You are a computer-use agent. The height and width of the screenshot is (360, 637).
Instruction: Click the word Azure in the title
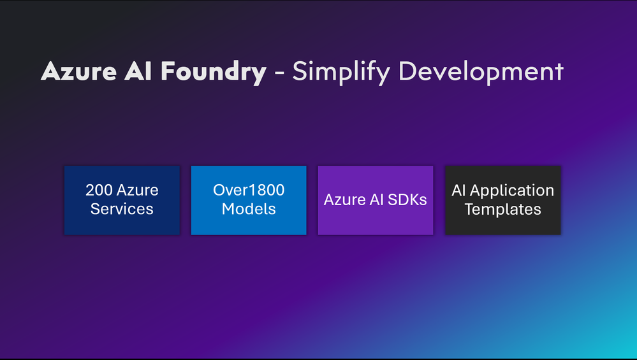pos(79,71)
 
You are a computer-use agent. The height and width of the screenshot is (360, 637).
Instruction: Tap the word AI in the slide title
pos(138,71)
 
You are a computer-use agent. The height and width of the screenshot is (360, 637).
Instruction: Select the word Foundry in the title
pos(213,73)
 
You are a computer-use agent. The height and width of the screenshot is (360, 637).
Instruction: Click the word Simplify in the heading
pos(342,72)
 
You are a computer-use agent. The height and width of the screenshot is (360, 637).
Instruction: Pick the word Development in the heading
pos(481,72)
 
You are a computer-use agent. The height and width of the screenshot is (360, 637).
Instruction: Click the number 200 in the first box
pos(98,190)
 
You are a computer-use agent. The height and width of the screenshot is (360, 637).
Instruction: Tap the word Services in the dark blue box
pos(122,209)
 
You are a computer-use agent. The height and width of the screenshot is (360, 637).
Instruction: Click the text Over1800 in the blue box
pos(249,190)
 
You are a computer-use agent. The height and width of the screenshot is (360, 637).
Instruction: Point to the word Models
pos(249,209)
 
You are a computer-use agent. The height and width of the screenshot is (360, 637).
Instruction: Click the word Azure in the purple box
pos(345,199)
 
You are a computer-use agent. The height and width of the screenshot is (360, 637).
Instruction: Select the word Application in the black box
pos(512,191)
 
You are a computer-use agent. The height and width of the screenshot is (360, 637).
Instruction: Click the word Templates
pos(503,210)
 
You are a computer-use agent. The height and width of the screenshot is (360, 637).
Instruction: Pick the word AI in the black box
pos(458,191)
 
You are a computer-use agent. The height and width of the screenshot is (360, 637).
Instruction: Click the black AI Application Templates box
pos(503,200)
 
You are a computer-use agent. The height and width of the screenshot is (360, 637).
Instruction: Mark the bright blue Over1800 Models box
pos(249,200)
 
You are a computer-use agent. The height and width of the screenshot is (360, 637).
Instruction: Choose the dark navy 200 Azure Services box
pos(122,200)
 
